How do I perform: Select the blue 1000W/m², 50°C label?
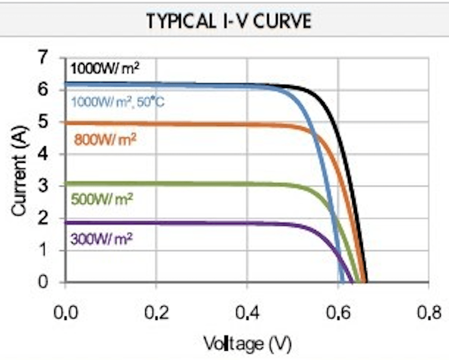[120, 103]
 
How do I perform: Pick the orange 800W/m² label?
[105, 139]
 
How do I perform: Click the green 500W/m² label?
[102, 200]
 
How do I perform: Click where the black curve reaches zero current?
[366, 282]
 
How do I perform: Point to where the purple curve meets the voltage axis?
[353, 282]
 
